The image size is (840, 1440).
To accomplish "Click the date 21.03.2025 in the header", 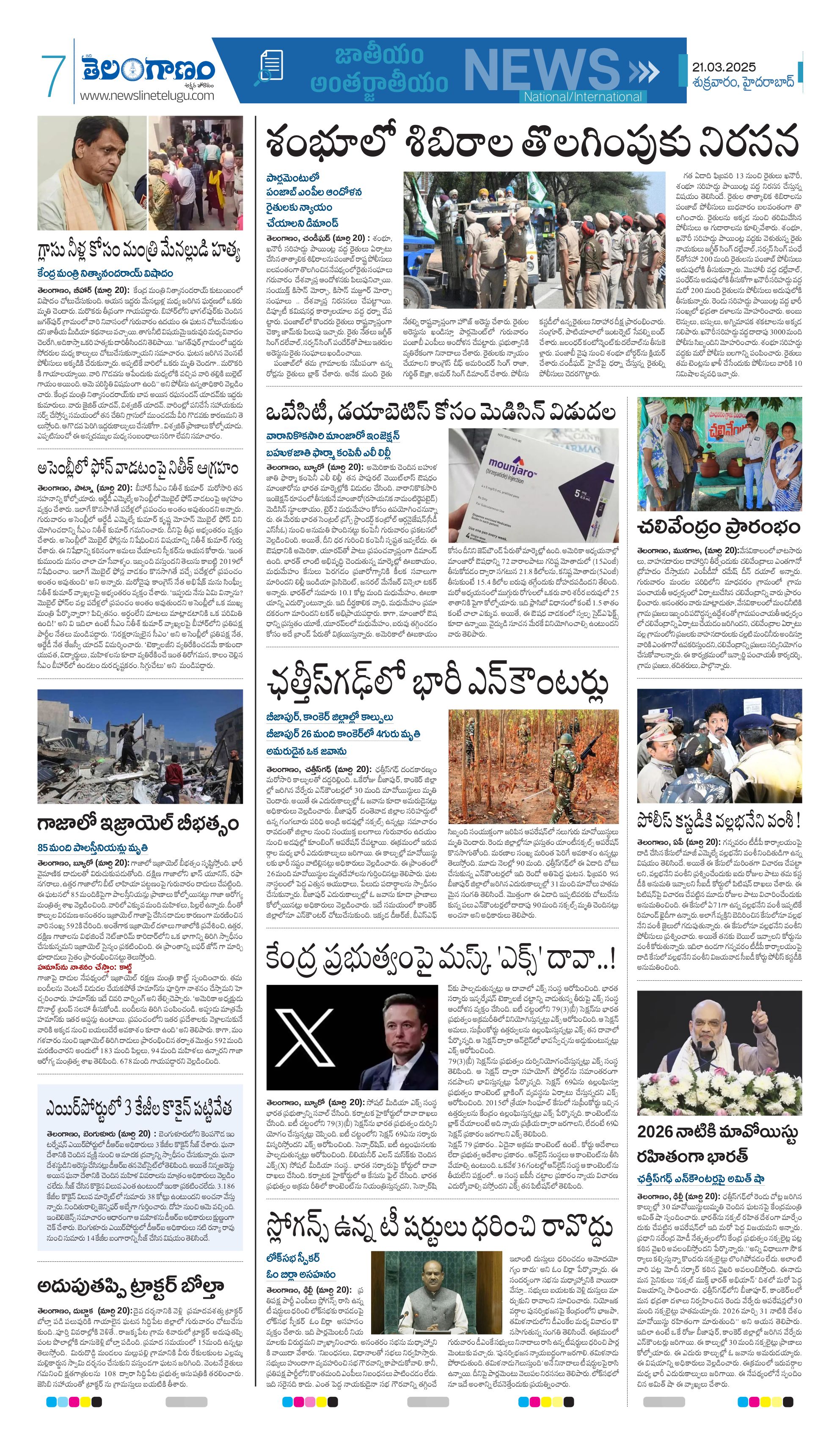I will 724,67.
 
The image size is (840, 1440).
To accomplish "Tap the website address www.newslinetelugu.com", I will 147,96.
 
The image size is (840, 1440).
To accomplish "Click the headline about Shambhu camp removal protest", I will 532,143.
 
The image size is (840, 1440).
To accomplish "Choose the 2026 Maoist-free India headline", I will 717,1143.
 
